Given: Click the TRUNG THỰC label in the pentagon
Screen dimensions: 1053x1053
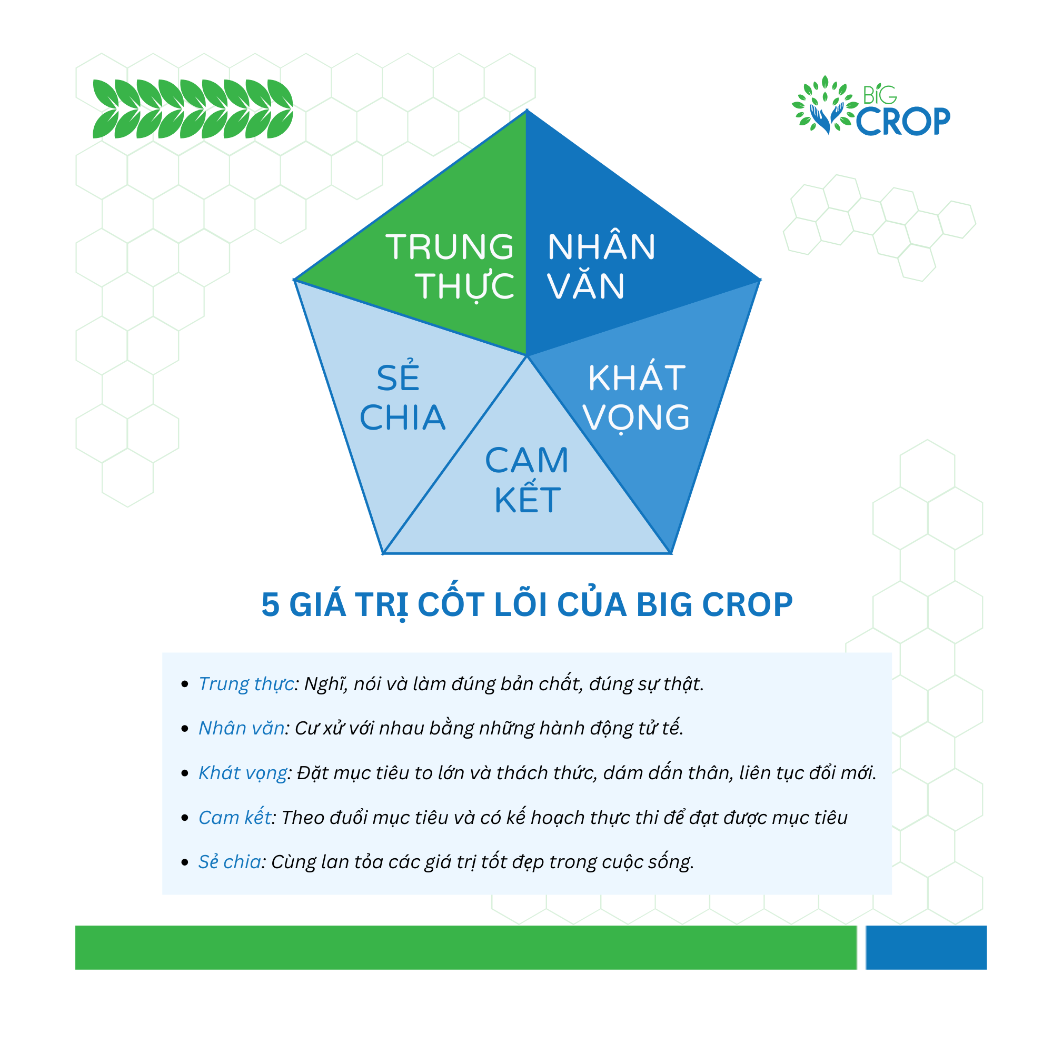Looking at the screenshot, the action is coord(450,266).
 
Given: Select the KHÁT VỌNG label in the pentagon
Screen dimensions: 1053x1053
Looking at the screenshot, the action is coord(636,398).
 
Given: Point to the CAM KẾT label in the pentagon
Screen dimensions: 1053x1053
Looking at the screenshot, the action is coord(527,480).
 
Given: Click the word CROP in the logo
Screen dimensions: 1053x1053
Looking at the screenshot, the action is coord(903,121).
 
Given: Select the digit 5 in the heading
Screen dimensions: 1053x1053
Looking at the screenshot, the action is coord(270,605).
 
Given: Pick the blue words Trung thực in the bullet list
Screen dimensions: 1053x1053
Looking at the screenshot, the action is coord(246,684).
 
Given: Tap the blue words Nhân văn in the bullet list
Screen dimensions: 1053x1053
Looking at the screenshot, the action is coord(241,728).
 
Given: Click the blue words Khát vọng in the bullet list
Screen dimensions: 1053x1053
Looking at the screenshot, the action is coord(243,773).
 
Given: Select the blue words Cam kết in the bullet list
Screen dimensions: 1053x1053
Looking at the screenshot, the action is coord(235,818).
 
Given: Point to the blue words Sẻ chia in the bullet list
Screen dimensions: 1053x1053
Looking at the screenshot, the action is coord(230,862).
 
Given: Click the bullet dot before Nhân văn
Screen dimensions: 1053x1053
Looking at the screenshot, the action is coord(185,729).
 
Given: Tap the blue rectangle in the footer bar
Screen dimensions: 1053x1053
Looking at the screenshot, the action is coord(926,947).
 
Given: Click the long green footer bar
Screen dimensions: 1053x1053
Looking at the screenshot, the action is coord(466,947).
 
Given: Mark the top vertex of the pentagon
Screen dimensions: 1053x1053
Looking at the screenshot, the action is coord(526,110).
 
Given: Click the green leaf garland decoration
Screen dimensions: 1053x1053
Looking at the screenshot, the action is coord(193,108).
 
